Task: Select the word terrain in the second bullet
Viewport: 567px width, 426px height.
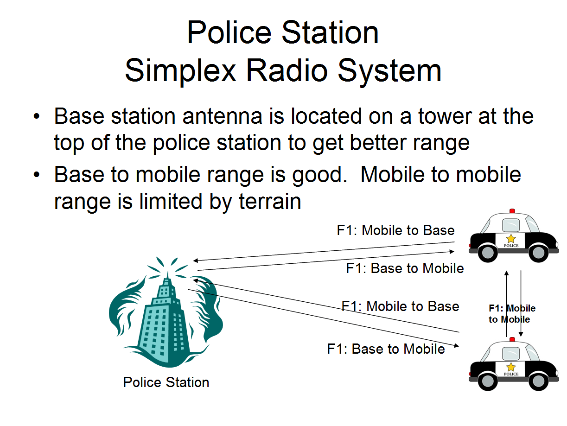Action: click(269, 202)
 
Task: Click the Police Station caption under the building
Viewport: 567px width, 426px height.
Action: click(166, 382)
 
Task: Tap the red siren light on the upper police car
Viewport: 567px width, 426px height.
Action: click(512, 211)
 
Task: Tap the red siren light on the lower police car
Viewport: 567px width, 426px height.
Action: click(512, 339)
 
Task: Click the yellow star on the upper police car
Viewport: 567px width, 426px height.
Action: click(511, 238)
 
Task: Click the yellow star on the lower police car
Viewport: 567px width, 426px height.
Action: click(511, 367)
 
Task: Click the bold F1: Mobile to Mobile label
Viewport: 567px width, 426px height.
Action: click(512, 314)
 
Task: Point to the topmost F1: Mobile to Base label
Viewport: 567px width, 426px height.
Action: click(395, 230)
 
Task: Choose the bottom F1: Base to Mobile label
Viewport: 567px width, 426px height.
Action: click(386, 349)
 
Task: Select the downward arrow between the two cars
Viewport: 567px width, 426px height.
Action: click(521, 304)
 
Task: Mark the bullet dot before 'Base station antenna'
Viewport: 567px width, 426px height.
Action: click(38, 115)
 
